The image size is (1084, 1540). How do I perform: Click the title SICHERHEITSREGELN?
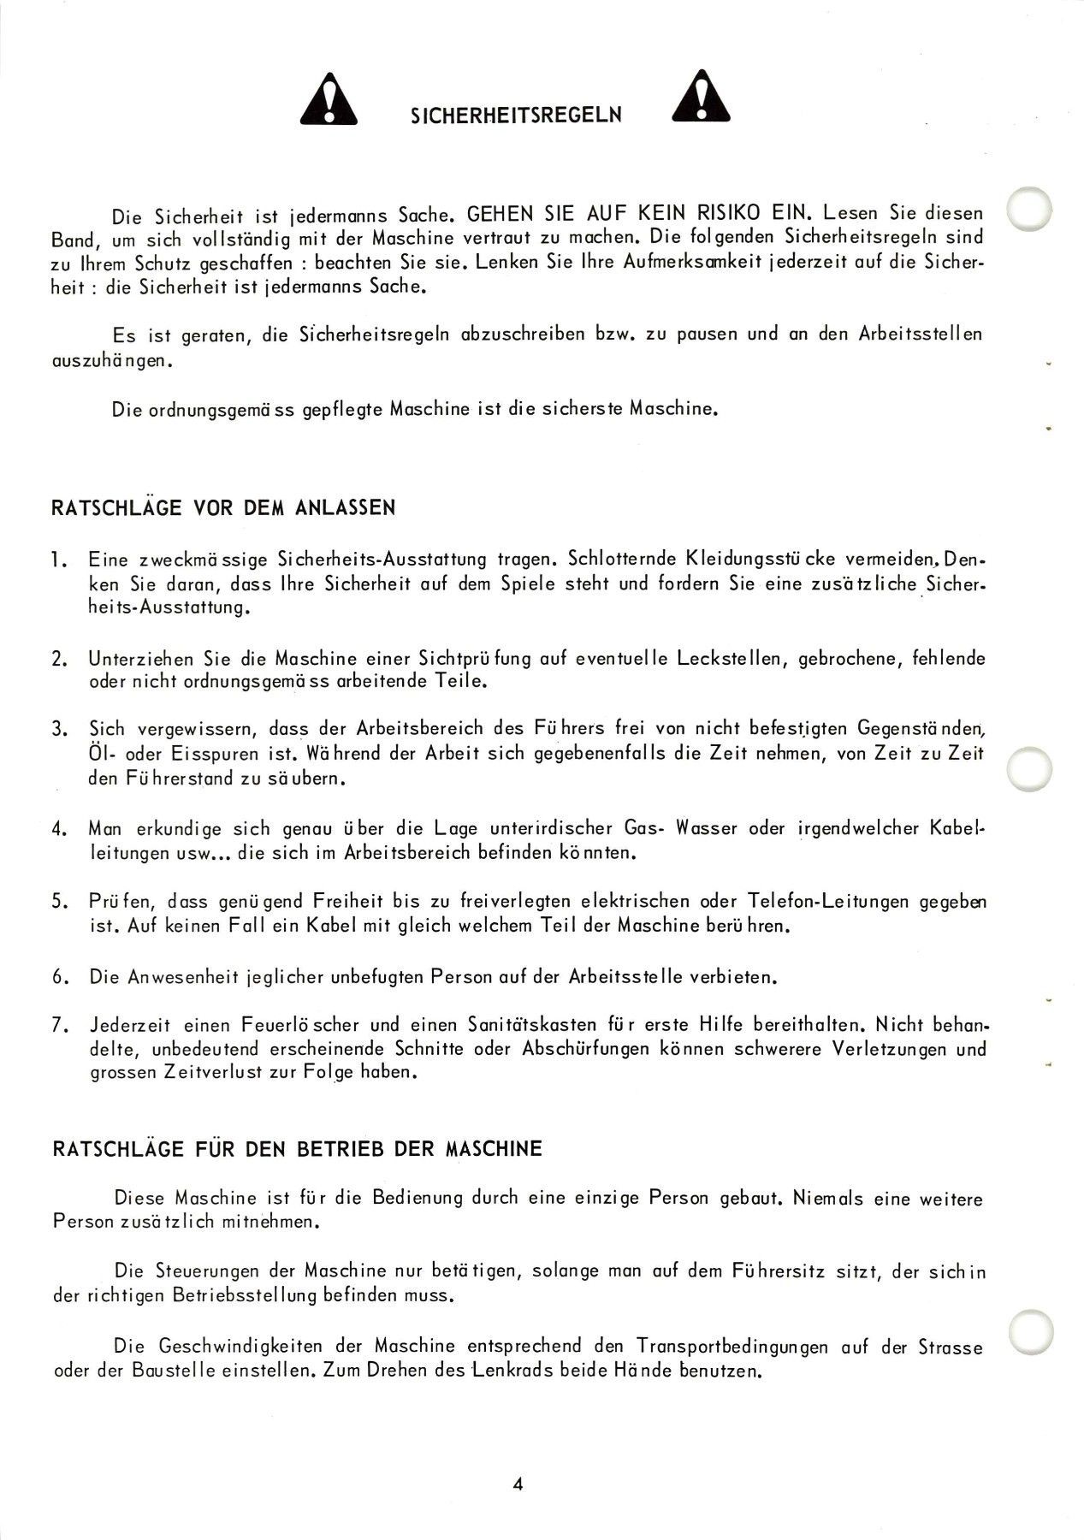[516, 115]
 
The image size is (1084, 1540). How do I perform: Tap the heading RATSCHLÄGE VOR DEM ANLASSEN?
[224, 507]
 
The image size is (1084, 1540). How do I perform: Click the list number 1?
[57, 560]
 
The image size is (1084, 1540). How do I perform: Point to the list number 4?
[57, 829]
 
